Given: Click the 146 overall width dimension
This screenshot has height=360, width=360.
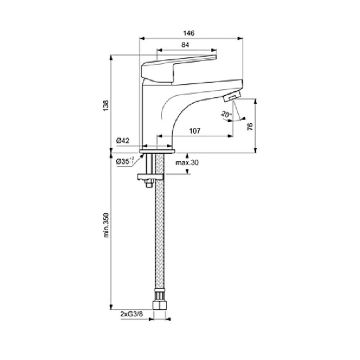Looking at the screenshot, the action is tap(189, 33).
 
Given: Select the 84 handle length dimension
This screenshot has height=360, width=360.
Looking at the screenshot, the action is tap(185, 45).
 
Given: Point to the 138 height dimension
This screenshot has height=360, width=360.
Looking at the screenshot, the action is tap(106, 106).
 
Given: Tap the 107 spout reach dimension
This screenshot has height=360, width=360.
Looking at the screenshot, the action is tap(195, 131).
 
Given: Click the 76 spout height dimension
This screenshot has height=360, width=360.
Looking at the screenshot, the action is tap(250, 127).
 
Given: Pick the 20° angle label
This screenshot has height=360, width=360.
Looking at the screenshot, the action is tap(226, 114).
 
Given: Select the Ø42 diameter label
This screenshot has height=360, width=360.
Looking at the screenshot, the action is tap(123, 140).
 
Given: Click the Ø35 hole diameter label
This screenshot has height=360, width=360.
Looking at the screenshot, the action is tap(125, 161).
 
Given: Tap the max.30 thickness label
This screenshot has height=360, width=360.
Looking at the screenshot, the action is tap(187, 163).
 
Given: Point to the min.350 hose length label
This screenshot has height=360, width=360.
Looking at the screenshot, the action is tap(106, 225).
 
